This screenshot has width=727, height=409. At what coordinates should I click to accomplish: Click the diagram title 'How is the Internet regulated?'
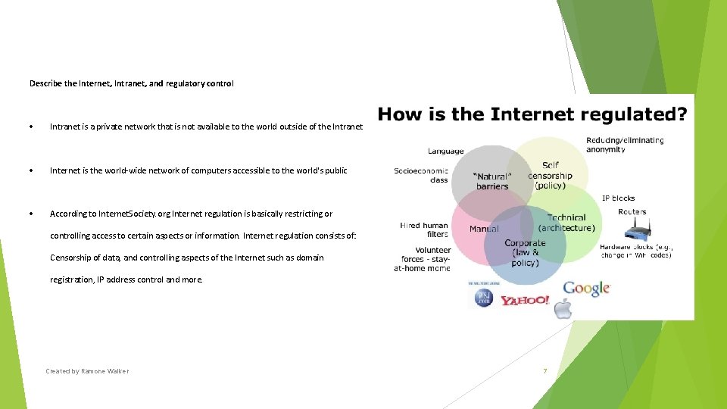tap(532, 115)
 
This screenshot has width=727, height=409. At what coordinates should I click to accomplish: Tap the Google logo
tap(586, 288)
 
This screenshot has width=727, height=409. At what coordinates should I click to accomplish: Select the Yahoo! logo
tap(524, 301)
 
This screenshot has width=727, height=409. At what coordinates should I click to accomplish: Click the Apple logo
tap(563, 308)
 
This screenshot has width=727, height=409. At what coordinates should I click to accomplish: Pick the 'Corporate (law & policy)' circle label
tap(525, 253)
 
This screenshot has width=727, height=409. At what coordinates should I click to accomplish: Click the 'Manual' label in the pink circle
tap(484, 228)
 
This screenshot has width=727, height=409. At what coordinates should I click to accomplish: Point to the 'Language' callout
tap(445, 151)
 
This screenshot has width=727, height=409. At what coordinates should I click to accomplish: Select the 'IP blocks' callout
tap(618, 198)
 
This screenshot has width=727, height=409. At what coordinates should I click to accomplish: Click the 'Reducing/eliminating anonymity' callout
tap(625, 145)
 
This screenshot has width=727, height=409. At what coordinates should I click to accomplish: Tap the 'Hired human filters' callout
tap(424, 229)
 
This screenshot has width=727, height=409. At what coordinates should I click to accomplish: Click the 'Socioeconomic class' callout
tap(421, 176)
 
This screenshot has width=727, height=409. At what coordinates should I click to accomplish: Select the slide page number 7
tap(544, 371)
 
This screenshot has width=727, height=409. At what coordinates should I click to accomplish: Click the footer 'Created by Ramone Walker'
tap(87, 371)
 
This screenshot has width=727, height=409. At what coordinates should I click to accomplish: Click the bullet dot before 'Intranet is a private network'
tap(31, 126)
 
